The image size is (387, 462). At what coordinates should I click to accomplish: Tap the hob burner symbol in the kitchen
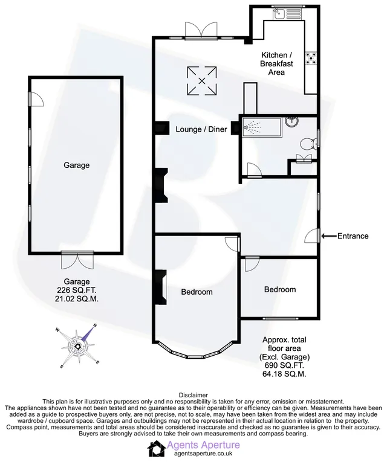[x=311, y=58]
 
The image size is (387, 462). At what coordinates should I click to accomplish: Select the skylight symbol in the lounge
[x=202, y=81]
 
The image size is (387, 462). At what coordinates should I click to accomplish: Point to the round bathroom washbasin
[x=292, y=121]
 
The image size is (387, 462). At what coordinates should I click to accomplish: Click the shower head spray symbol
[x=252, y=127]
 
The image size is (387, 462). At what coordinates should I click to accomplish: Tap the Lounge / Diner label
[x=201, y=129]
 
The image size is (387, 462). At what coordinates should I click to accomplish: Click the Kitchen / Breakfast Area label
[x=277, y=63]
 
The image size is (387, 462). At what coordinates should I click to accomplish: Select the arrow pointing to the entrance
[x=329, y=236]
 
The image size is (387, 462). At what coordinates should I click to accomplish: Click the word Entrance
[x=353, y=236]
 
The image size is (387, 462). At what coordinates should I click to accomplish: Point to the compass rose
[x=78, y=347]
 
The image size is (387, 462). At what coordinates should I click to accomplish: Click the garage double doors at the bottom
[x=77, y=260]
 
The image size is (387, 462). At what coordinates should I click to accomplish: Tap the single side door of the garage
[x=36, y=99]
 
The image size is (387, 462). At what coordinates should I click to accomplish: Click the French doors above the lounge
[x=201, y=30]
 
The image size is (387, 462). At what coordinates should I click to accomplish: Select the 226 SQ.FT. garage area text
[x=77, y=290]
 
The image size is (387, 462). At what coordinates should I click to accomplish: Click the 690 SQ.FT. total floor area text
[x=284, y=365]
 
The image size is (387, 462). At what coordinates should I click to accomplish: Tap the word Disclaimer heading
[x=193, y=395]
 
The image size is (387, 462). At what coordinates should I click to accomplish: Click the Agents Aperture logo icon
[x=157, y=449]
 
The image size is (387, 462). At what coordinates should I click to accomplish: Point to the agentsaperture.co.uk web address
[x=203, y=454]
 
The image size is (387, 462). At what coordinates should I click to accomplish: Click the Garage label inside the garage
[x=77, y=165]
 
